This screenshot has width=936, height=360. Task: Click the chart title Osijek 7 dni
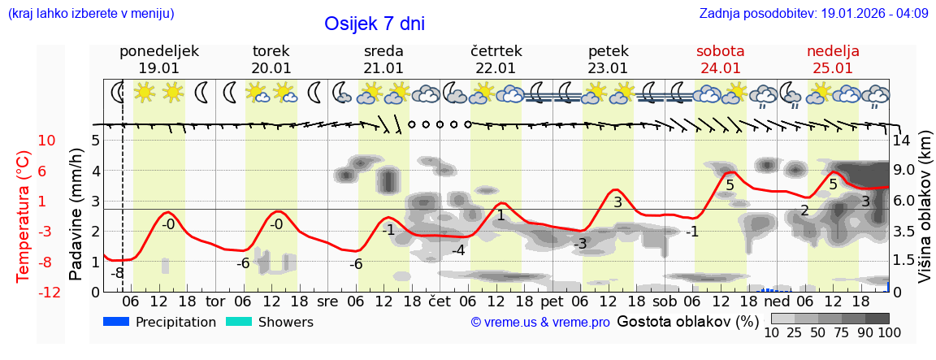pyautogui.click(x=374, y=24)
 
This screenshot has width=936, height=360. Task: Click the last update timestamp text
pyautogui.click(x=813, y=14)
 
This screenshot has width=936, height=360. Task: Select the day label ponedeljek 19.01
pyautogui.click(x=158, y=59)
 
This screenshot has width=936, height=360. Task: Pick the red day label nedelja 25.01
pyautogui.click(x=833, y=59)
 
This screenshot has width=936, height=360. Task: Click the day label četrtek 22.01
pyautogui.click(x=496, y=59)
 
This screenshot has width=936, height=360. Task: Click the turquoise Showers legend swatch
pyautogui.click(x=239, y=322)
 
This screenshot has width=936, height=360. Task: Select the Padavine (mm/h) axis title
pyautogui.click(x=76, y=214)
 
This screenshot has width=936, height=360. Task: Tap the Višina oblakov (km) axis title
pyautogui.click(x=925, y=207)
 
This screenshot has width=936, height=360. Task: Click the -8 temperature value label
pyautogui.click(x=118, y=273)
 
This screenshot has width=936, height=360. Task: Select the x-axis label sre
pyautogui.click(x=327, y=300)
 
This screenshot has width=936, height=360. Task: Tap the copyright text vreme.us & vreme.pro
pyautogui.click(x=540, y=323)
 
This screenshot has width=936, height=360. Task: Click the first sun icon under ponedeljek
pyautogui.click(x=145, y=92)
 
